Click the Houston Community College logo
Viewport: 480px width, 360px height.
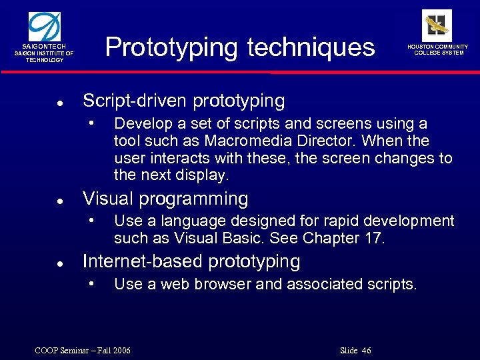click(x=437, y=25)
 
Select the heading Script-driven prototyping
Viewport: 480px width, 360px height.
click(x=183, y=101)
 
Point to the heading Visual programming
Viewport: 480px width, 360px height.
click(x=165, y=199)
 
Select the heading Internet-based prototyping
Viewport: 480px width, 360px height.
click(x=191, y=261)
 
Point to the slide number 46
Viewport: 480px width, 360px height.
click(x=365, y=351)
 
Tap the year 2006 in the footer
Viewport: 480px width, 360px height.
click(x=121, y=351)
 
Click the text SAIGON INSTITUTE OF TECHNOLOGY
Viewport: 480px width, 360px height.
click(x=45, y=57)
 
